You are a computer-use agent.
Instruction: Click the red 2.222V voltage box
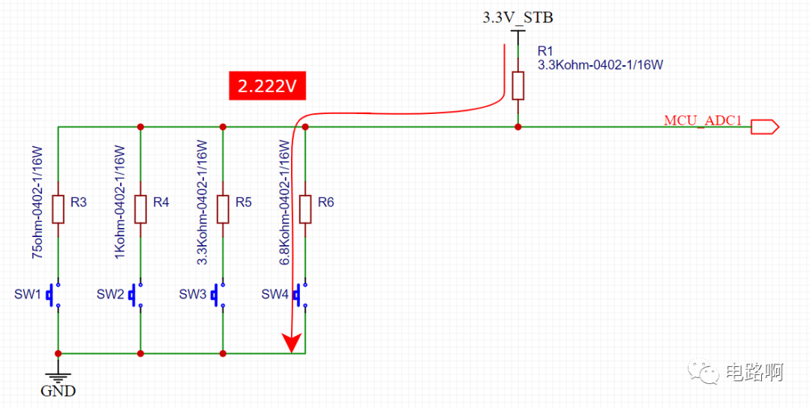pyautogui.click(x=268, y=86)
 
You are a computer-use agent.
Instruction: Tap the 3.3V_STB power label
pyautogui.click(x=517, y=18)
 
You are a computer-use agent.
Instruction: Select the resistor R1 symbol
pyautogui.click(x=517, y=85)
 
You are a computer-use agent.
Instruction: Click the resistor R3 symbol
pyautogui.click(x=58, y=209)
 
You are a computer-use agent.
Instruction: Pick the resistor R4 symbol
pyautogui.click(x=140, y=209)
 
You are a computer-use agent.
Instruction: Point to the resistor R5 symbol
pyautogui.click(x=223, y=209)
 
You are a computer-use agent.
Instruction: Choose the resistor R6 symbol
pyautogui.click(x=305, y=209)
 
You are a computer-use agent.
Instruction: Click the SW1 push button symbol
pyautogui.click(x=54, y=295)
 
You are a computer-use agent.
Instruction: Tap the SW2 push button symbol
pyautogui.click(x=136, y=295)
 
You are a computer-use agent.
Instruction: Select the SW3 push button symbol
pyautogui.click(x=218, y=295)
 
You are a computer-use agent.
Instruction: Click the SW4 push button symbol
pyautogui.click(x=301, y=295)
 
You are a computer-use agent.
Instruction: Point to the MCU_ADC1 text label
pyautogui.click(x=703, y=121)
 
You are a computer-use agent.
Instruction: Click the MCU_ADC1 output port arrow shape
pyautogui.click(x=764, y=127)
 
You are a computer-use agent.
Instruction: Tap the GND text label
pyautogui.click(x=58, y=391)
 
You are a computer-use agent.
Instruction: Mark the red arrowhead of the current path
pyautogui.click(x=292, y=343)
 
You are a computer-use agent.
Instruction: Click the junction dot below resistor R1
pyautogui.click(x=517, y=127)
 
